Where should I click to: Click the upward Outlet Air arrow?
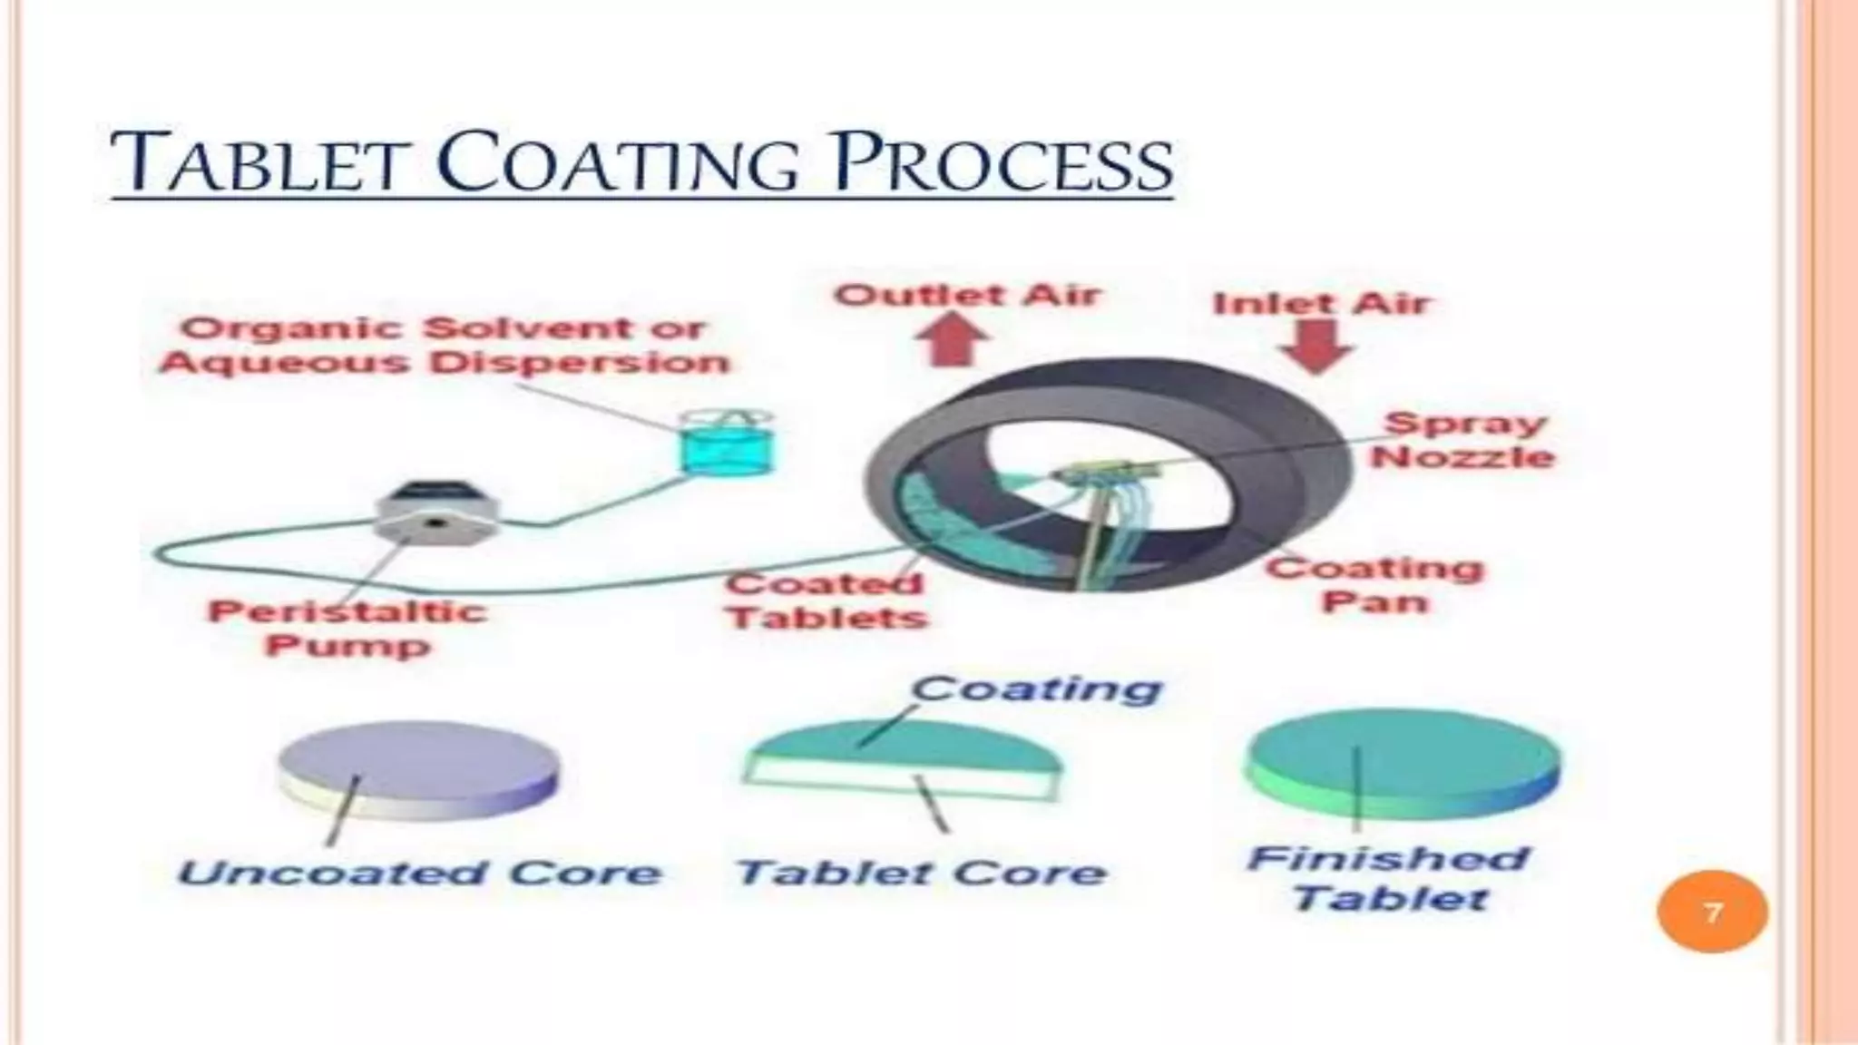coord(953,338)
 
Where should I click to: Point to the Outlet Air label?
coord(968,296)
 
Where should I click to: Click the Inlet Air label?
coord(1321,303)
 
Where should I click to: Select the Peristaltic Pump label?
coord(347,628)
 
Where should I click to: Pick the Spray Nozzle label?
coord(1462,440)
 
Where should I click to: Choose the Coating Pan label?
coord(1374,585)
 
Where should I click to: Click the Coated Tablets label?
coord(826,601)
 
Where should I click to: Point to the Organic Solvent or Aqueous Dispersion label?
coord(445,346)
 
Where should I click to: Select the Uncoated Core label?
coord(419,874)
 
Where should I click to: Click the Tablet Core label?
coord(921,874)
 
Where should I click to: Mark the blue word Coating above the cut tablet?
coord(1035,689)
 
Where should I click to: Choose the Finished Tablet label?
coord(1389,878)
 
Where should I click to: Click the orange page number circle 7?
coord(1712,912)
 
